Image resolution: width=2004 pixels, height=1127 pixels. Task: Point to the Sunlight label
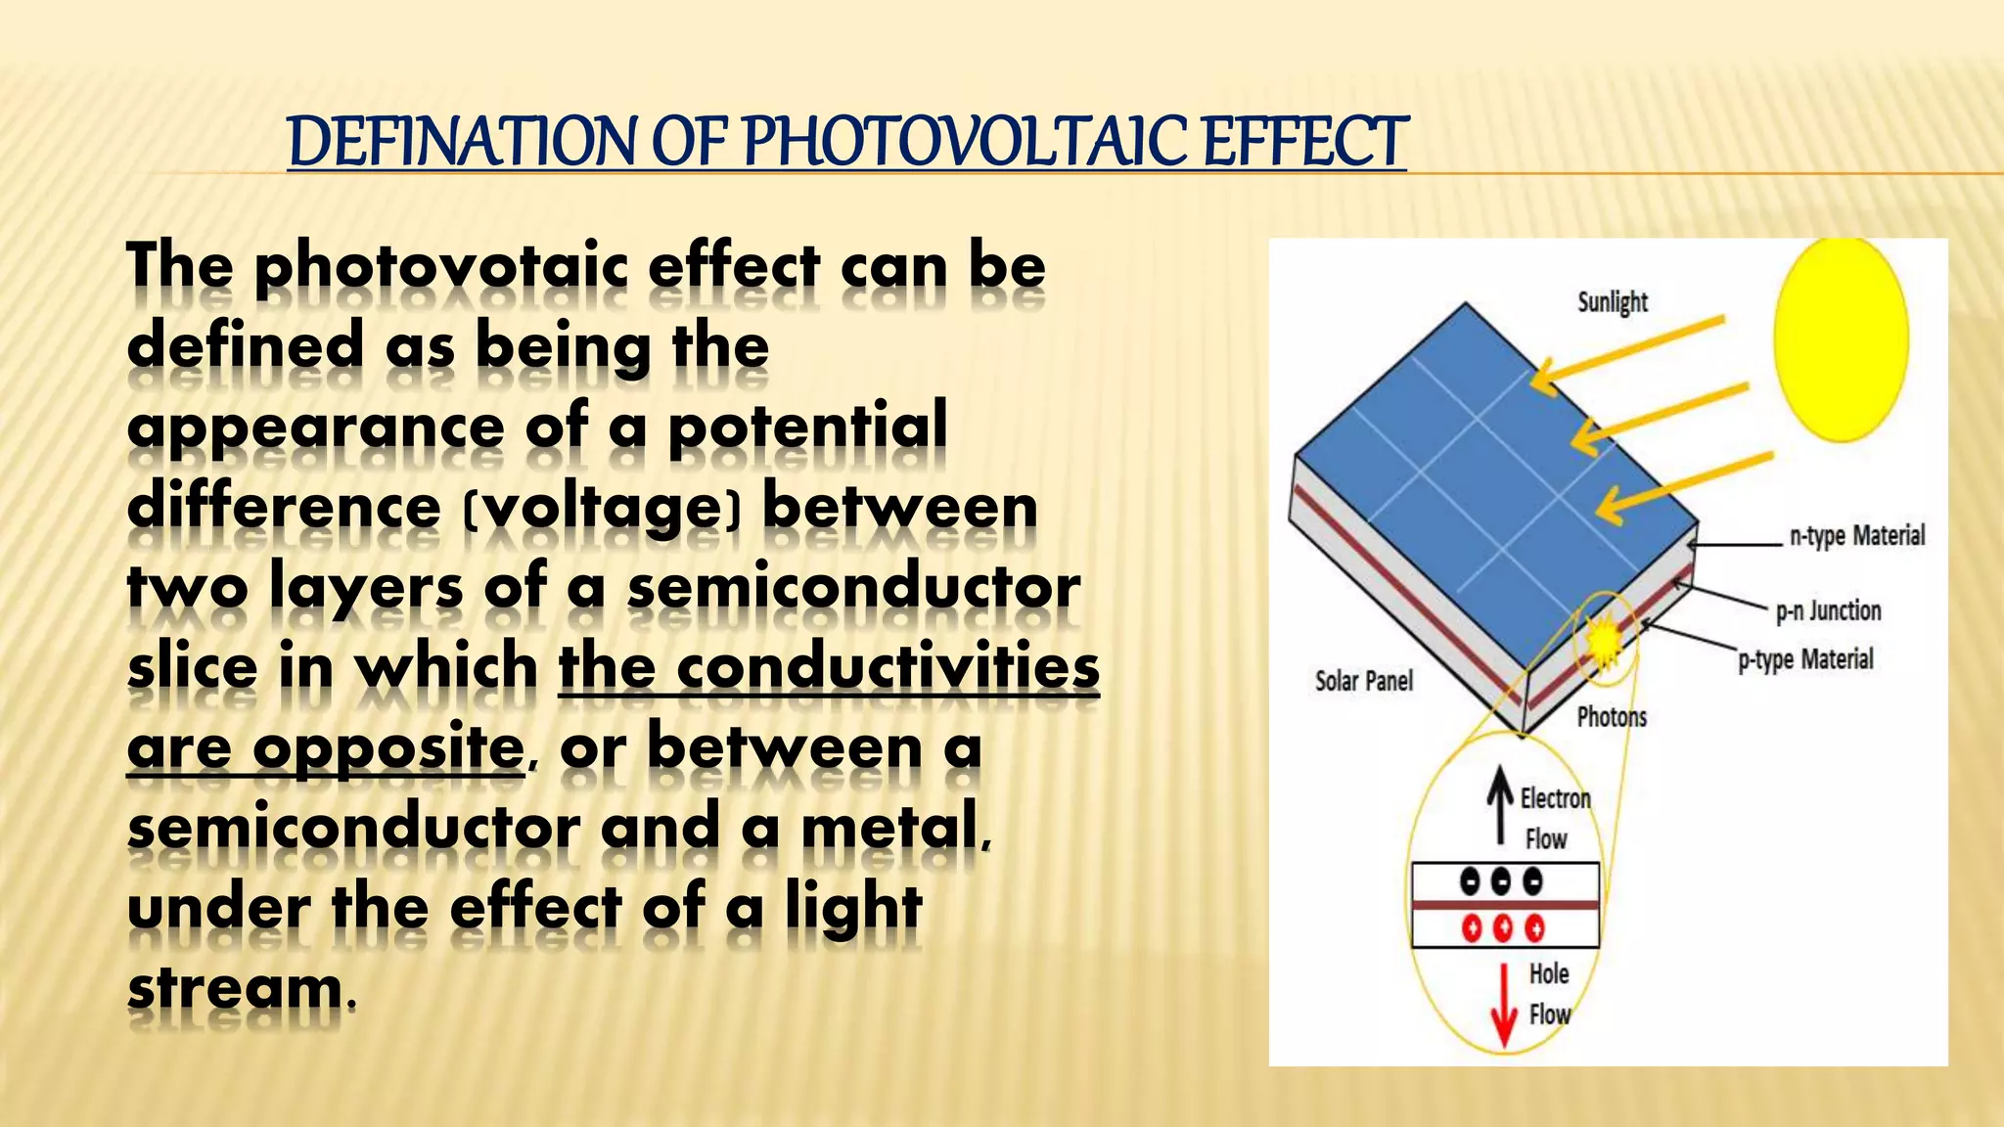[x=1612, y=302]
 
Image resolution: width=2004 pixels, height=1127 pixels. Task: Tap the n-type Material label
[x=1856, y=536]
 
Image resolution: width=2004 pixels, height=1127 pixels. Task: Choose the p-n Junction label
[x=1828, y=611]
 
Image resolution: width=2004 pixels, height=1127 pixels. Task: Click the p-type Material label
[x=1805, y=660]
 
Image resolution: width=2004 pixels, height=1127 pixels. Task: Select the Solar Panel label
[x=1363, y=681]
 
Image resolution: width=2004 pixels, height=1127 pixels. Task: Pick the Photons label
[x=1612, y=717]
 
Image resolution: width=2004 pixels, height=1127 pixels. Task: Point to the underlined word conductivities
[x=888, y=669]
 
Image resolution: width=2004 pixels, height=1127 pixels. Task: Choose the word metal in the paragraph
[x=892, y=830]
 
